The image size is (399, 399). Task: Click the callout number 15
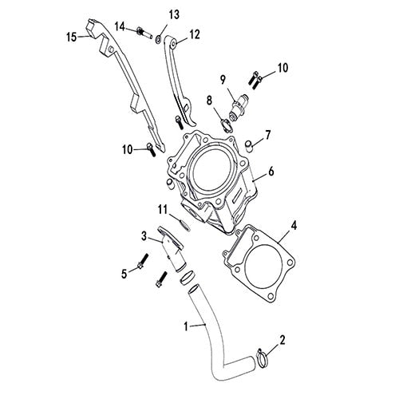[71, 36]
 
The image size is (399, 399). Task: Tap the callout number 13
[174, 15]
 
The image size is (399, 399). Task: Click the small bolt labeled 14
[144, 31]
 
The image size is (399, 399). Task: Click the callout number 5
[124, 274]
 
